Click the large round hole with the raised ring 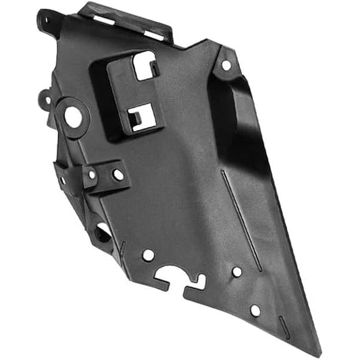[x=73, y=117]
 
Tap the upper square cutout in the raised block [x=145, y=66]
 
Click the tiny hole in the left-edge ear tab [x=46, y=99]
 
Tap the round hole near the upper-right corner [x=226, y=65]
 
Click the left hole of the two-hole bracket [x=92, y=175]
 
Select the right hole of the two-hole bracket [x=117, y=174]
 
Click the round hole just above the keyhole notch [x=148, y=255]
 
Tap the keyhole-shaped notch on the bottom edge [x=181, y=279]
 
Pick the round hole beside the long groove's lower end [x=237, y=272]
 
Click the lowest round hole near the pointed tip [x=255, y=310]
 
